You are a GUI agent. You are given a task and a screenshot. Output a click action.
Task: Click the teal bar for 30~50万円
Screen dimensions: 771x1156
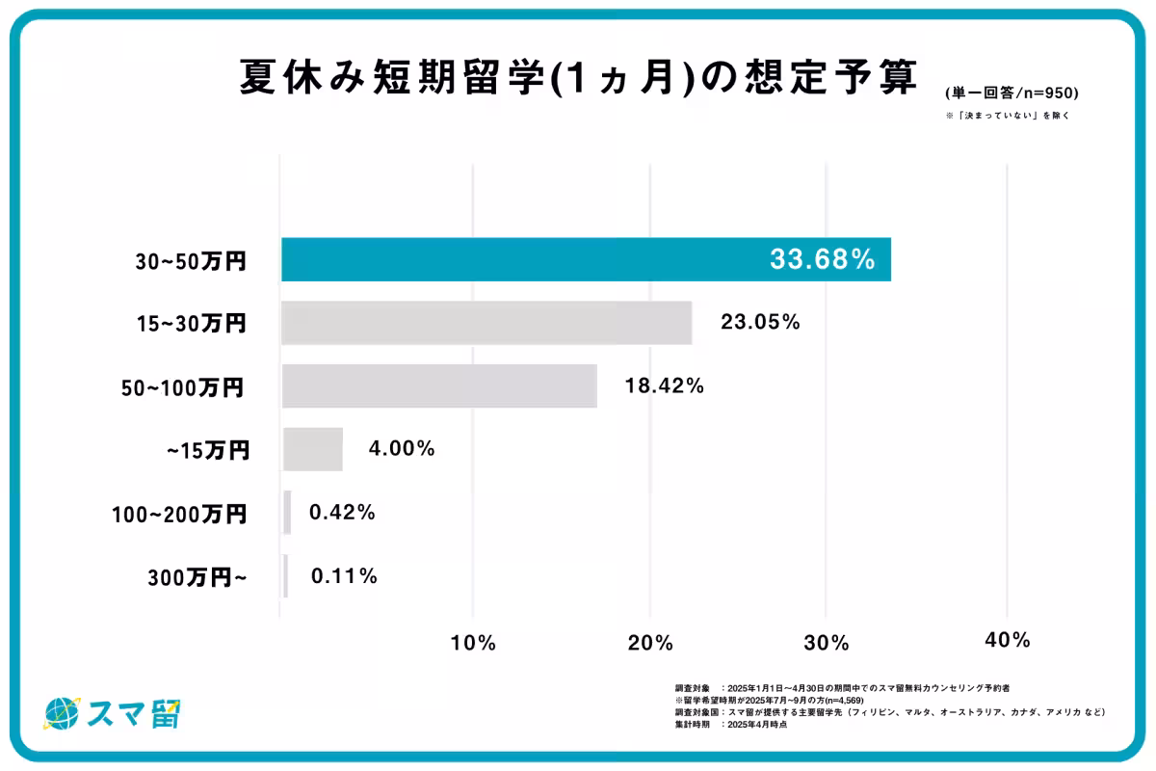click(586, 259)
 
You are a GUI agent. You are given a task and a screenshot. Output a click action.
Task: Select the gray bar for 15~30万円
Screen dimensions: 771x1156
click(486, 323)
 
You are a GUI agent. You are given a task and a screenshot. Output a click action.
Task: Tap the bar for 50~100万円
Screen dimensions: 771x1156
click(439, 385)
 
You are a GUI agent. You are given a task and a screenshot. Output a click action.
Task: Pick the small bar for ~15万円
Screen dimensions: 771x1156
click(312, 449)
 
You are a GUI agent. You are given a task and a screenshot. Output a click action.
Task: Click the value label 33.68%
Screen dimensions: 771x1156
click(822, 259)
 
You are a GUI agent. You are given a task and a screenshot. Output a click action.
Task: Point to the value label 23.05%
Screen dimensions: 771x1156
click(760, 323)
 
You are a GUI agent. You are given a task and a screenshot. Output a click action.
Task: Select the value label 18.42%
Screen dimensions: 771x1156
click(665, 386)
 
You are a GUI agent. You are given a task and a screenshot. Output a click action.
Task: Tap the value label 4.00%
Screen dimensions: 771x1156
click(402, 449)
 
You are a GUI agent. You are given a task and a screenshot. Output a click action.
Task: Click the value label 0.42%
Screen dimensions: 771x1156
click(342, 513)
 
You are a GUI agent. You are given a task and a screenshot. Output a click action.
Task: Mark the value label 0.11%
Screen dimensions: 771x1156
click(344, 576)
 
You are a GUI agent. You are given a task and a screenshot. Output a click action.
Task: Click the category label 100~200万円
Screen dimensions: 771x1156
click(179, 514)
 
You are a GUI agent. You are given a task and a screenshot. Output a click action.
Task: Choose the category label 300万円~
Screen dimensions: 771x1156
click(197, 577)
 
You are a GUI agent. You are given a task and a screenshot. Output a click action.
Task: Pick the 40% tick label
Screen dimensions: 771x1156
click(1008, 640)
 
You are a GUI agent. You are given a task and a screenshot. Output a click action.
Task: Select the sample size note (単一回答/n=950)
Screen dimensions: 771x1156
click(1011, 93)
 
